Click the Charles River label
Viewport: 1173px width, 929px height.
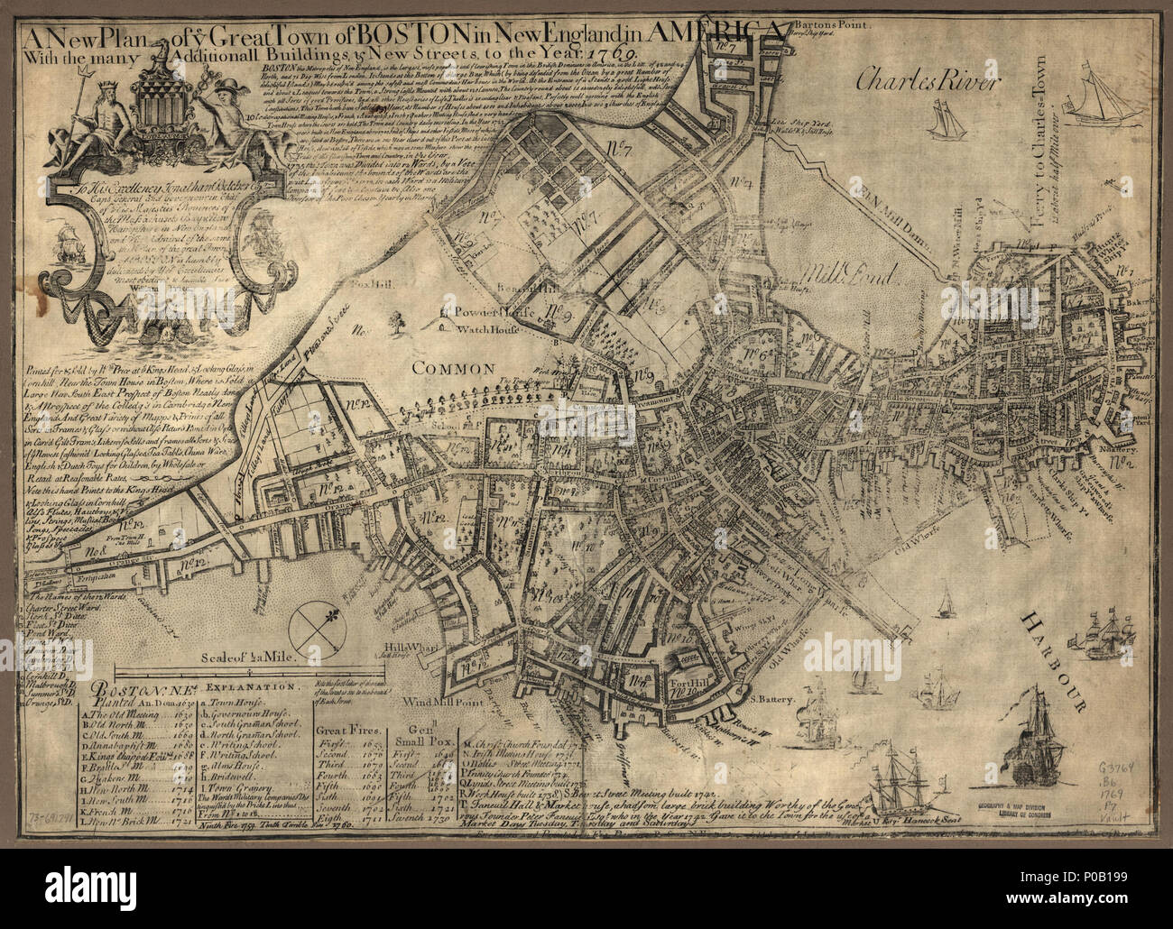tap(928, 85)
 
